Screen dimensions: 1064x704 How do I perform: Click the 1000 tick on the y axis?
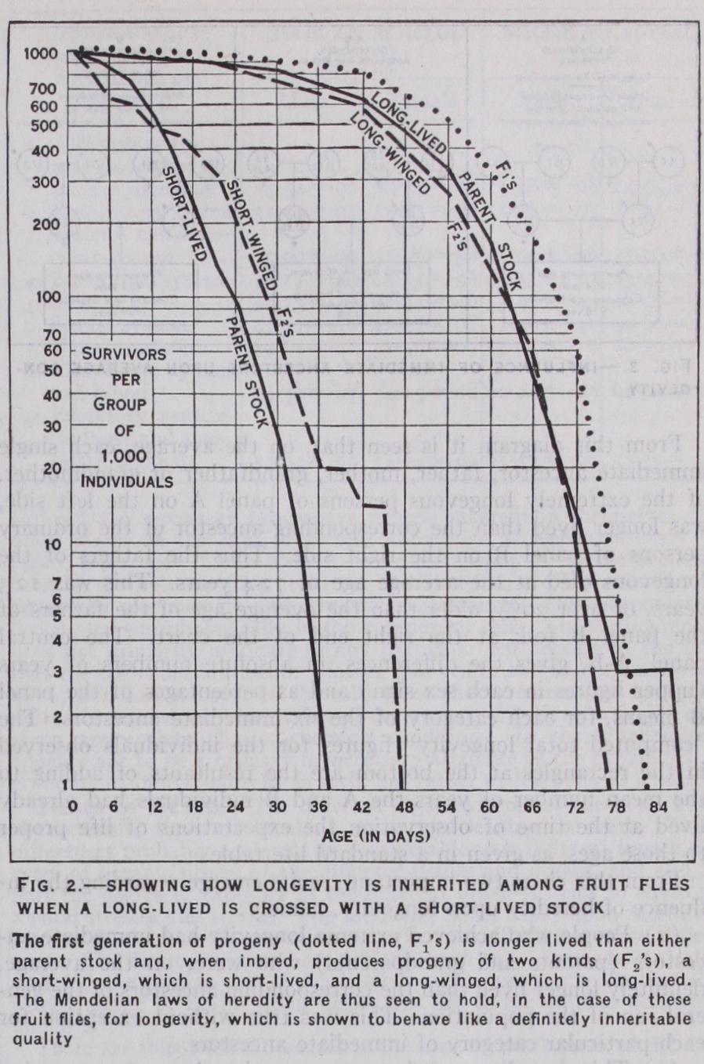(x=40, y=54)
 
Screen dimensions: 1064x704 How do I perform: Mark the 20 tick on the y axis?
(x=51, y=469)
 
